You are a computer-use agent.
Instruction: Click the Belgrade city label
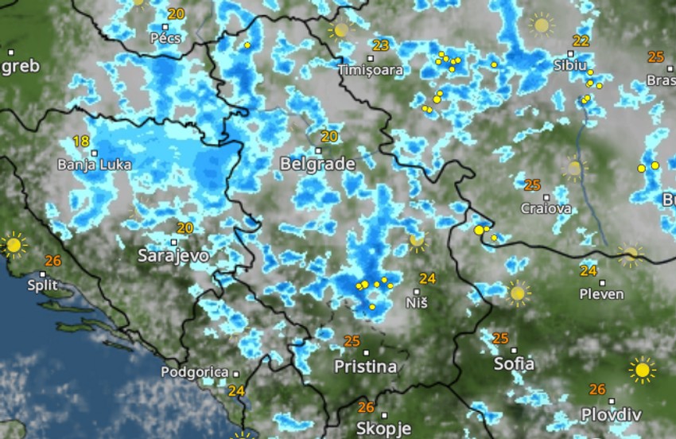317,164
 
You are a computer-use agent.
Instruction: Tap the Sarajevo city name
173,255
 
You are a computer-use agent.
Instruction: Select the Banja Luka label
95,165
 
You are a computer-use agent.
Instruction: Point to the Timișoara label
371,70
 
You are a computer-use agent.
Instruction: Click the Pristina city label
366,367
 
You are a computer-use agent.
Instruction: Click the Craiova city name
546,208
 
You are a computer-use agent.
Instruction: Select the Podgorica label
200,371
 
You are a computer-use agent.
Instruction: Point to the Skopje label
384,429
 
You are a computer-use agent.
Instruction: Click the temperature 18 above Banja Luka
81,141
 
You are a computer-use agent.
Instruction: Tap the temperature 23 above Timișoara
381,45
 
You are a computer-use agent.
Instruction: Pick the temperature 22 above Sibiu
581,41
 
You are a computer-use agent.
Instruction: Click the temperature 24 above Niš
428,278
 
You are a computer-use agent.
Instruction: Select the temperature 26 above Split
53,260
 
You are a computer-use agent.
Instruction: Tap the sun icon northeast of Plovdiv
642,369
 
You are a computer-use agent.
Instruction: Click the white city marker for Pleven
602,282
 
